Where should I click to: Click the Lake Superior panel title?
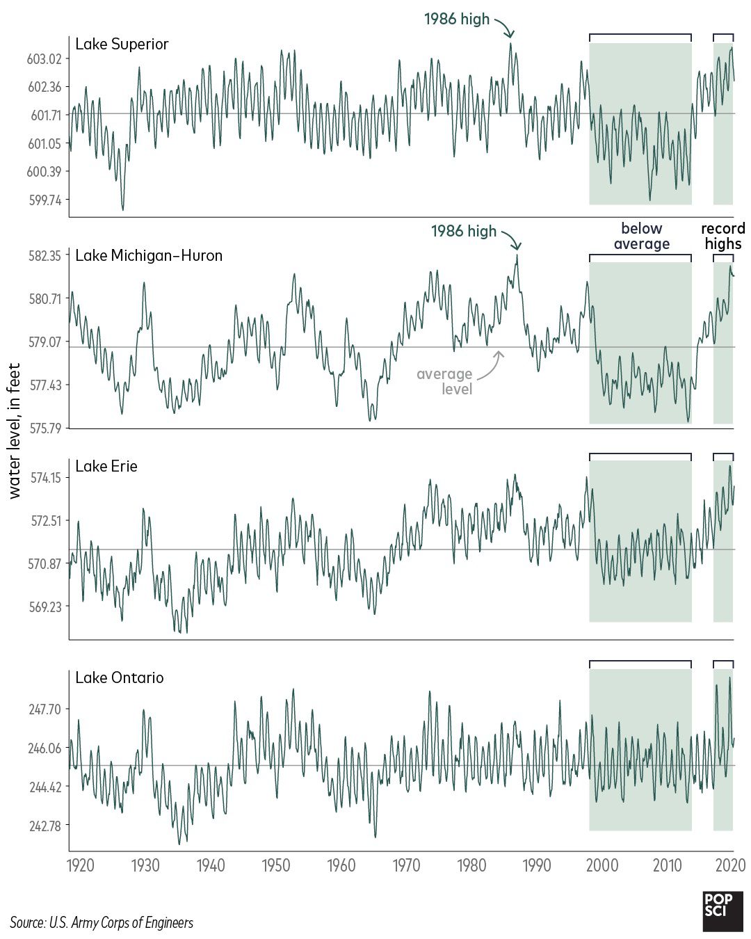pyautogui.click(x=122, y=45)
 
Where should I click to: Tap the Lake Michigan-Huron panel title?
pyautogui.click(x=149, y=256)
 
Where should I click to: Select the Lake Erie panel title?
pyautogui.click(x=106, y=467)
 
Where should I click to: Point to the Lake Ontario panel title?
pyautogui.click(x=120, y=678)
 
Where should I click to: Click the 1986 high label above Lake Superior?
pyautogui.click(x=457, y=19)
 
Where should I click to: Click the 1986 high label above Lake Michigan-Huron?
pyautogui.click(x=464, y=232)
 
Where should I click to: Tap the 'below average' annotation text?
pyautogui.click(x=641, y=236)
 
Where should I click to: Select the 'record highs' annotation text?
pyautogui.click(x=722, y=236)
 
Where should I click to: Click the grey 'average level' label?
pyautogui.click(x=445, y=382)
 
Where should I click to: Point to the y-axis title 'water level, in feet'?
pyautogui.click(x=15, y=431)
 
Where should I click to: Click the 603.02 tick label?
pyautogui.click(x=44, y=59)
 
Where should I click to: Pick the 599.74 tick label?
pyautogui.click(x=45, y=200)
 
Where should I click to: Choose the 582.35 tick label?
pyautogui.click(x=45, y=256)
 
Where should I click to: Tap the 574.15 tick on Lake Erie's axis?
pyautogui.click(x=45, y=478)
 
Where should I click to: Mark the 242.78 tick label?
pyautogui.click(x=45, y=826)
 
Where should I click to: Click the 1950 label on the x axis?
pyautogui.click(x=275, y=866)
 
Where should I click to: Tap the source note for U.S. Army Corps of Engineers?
pyautogui.click(x=102, y=923)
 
